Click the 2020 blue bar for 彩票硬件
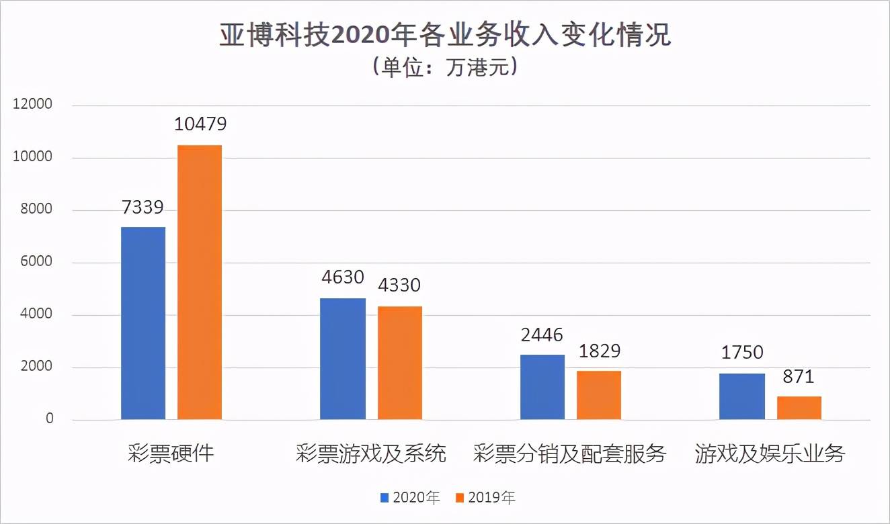point(143,323)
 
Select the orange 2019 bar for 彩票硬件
point(200,282)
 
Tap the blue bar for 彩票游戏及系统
point(343,359)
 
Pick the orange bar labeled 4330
point(399,363)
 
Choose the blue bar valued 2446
point(542,387)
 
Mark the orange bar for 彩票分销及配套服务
point(599,395)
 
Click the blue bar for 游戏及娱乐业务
point(742,396)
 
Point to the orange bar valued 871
point(799,408)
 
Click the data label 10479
point(200,124)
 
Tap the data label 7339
point(143,207)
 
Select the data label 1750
point(742,353)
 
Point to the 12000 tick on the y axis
point(30,105)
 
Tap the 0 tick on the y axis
point(49,419)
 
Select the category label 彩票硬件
point(171,453)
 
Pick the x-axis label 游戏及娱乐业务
point(770,454)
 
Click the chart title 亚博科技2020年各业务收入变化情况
point(445,36)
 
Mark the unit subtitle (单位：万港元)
point(444,68)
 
